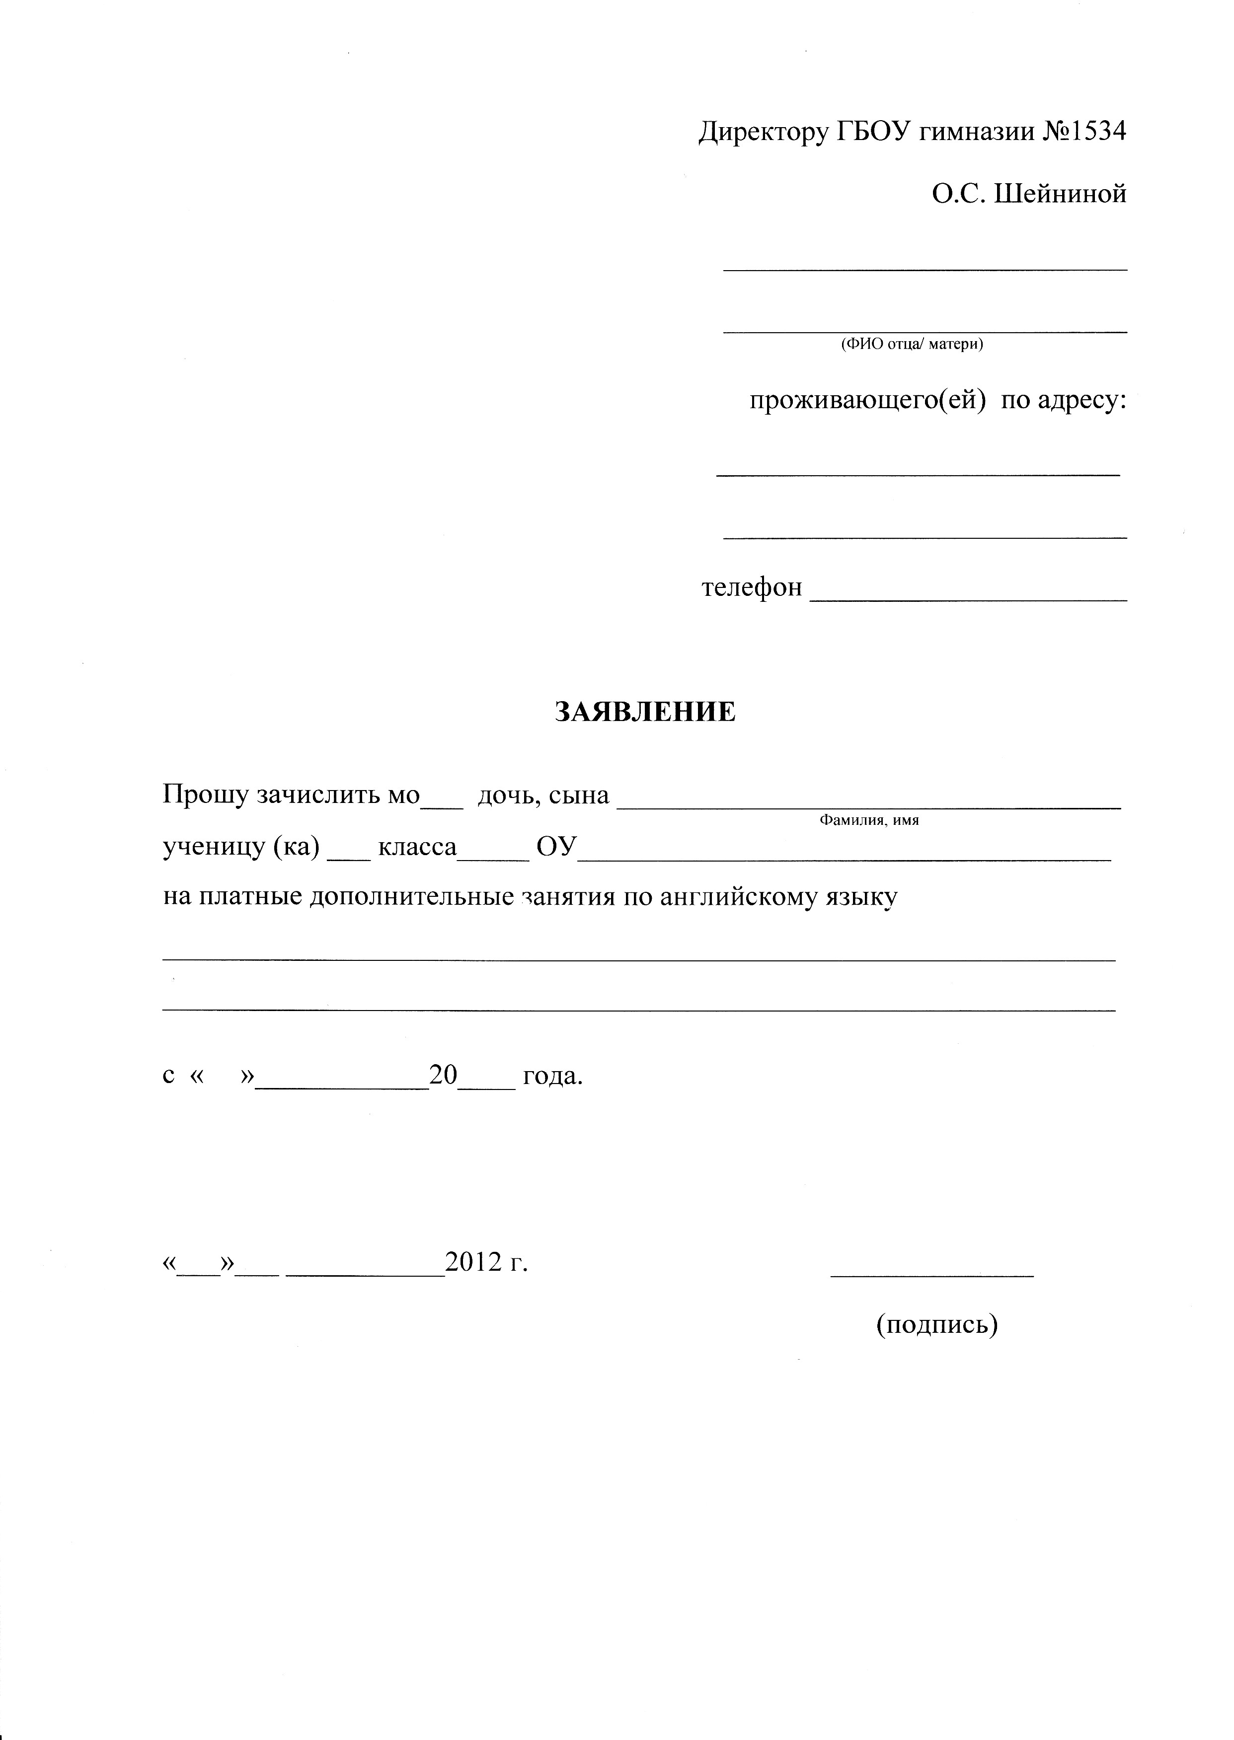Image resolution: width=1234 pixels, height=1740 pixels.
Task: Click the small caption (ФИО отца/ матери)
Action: point(912,344)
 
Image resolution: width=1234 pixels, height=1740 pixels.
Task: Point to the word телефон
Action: point(751,587)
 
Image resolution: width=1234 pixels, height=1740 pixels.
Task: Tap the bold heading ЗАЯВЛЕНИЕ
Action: point(645,713)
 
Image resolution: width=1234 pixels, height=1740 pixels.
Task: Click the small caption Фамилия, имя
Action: point(869,821)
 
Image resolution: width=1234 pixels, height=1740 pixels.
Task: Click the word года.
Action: point(552,1076)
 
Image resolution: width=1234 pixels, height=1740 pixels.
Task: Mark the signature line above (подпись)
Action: point(932,1276)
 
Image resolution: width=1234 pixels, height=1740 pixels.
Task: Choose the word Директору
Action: point(763,133)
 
